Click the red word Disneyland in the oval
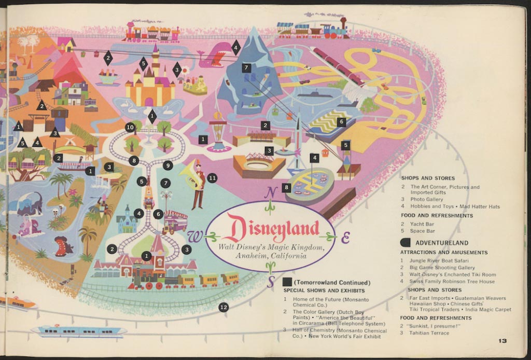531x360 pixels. (271, 229)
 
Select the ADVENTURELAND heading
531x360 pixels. (442, 242)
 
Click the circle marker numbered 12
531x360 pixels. (223, 307)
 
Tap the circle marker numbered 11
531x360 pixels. (212, 178)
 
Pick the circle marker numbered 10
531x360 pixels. (130, 127)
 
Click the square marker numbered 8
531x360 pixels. (287, 188)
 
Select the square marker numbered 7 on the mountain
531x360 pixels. (246, 67)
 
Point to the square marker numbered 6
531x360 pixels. (341, 122)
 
